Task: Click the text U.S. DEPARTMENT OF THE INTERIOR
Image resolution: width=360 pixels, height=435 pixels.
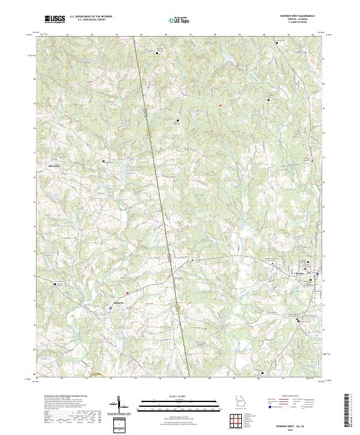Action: (x=90, y=17)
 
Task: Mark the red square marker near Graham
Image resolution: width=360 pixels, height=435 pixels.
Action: (x=127, y=293)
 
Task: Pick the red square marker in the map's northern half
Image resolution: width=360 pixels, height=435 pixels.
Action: (x=220, y=106)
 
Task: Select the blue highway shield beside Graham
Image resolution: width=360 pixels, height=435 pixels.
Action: (x=110, y=307)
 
